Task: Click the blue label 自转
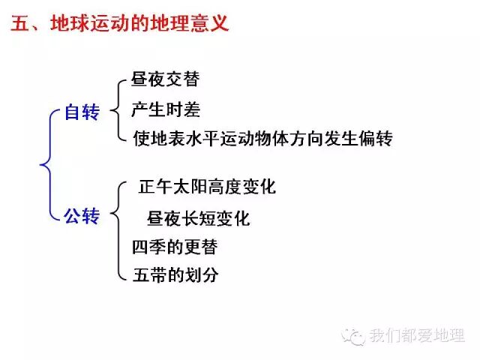coord(82,112)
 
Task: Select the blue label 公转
coord(82,217)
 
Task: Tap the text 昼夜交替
coord(165,79)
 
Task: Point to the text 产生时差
coord(166,109)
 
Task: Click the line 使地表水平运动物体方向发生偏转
coord(262,139)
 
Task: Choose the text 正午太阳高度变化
coord(207,187)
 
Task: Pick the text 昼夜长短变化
coord(199,218)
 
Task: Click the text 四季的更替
coord(174,246)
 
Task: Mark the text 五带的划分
coord(175,274)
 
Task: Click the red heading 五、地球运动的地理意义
coord(119,23)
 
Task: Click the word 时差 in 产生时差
coord(183,109)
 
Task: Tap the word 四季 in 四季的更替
coord(148,246)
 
